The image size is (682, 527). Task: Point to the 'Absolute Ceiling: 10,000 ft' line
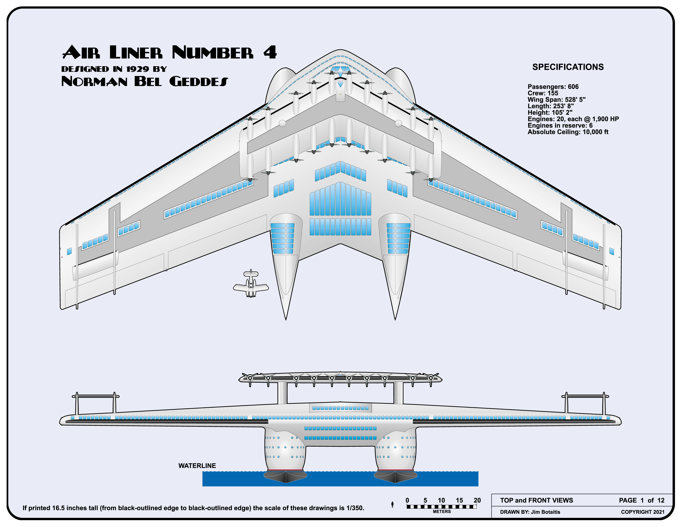[x=568, y=132]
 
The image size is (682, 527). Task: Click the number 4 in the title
[x=270, y=52]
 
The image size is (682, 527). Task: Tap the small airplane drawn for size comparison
[x=251, y=285]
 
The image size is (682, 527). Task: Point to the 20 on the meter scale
[x=477, y=500]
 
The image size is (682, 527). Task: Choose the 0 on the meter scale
[x=407, y=500]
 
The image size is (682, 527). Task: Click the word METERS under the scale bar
[x=442, y=512]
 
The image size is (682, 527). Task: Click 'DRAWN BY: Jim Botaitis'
[x=530, y=512]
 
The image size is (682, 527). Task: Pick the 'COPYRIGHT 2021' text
[x=642, y=512]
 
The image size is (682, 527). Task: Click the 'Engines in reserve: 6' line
[x=560, y=125]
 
